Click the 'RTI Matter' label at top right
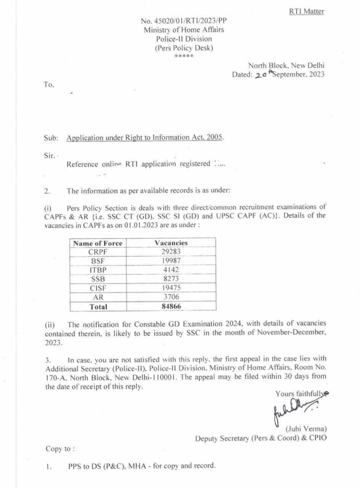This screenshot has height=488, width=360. [x=306, y=11]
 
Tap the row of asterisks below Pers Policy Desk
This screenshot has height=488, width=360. [x=184, y=56]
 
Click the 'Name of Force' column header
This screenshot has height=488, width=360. [x=98, y=243]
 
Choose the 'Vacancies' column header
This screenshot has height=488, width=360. [x=171, y=243]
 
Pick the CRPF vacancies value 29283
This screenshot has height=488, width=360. [x=171, y=252]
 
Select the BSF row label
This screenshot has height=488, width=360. [x=98, y=261]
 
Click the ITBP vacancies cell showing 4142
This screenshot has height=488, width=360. [x=171, y=270]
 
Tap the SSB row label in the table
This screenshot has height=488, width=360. [x=98, y=279]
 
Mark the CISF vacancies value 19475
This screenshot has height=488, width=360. [x=171, y=288]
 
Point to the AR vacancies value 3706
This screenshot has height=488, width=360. [x=171, y=297]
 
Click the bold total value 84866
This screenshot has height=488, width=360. [x=171, y=307]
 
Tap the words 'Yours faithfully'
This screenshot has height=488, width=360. [x=301, y=393]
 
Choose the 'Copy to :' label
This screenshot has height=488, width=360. [x=60, y=449]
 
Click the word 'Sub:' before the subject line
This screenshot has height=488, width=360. [x=51, y=138]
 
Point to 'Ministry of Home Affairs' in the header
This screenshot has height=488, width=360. [x=184, y=30]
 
